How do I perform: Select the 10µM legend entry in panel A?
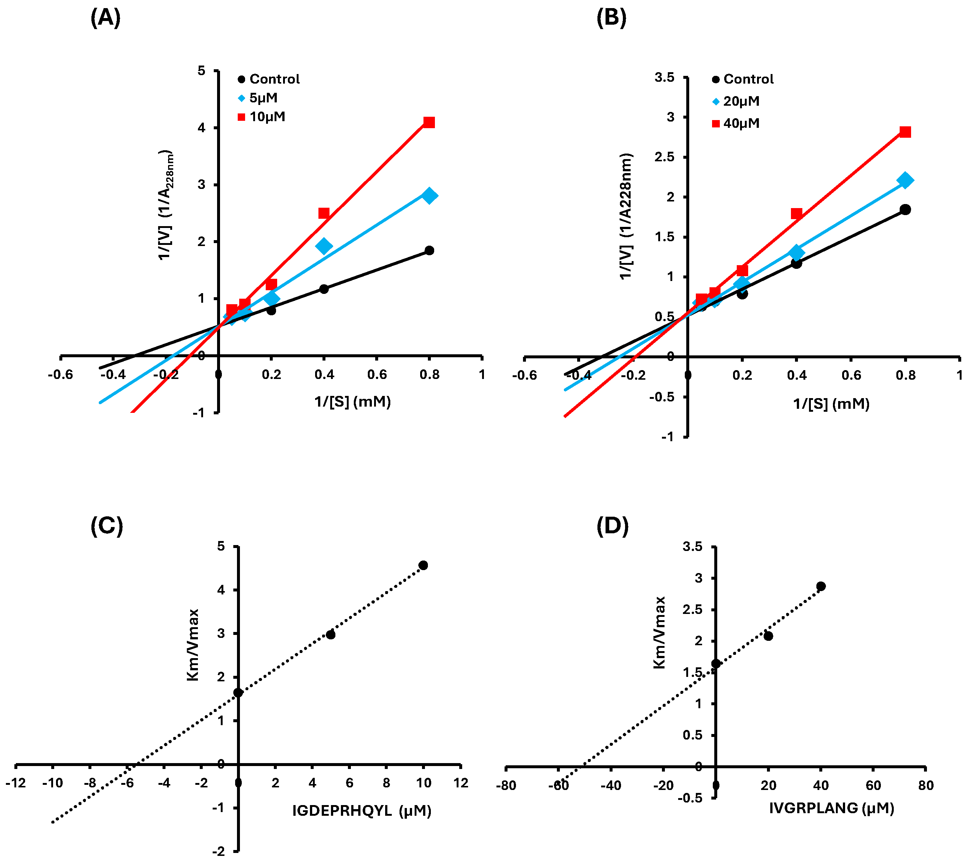(x=261, y=117)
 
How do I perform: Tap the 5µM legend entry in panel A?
(x=258, y=98)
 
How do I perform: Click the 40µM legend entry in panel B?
(x=735, y=124)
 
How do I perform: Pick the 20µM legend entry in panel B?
(x=735, y=101)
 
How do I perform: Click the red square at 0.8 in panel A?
(x=429, y=122)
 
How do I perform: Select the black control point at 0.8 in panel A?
(x=429, y=250)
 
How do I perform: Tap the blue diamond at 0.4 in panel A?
(x=324, y=246)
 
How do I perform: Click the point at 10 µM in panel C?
(x=423, y=565)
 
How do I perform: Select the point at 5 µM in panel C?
(x=330, y=635)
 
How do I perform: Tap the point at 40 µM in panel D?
(x=821, y=586)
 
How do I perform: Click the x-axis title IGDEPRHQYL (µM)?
(x=362, y=811)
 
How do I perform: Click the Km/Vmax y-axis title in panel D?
(x=659, y=632)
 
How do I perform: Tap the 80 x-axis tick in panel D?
(x=925, y=786)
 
